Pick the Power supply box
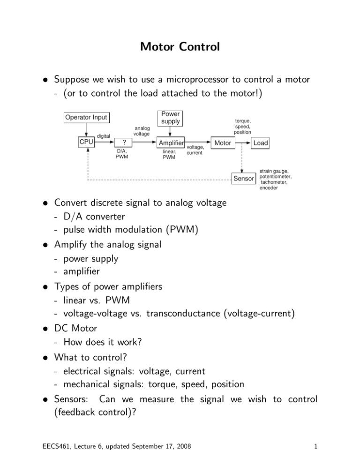(170, 118)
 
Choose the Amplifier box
(171, 143)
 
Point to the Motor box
(222, 143)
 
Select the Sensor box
(244, 179)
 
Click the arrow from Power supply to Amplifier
(170, 131)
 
